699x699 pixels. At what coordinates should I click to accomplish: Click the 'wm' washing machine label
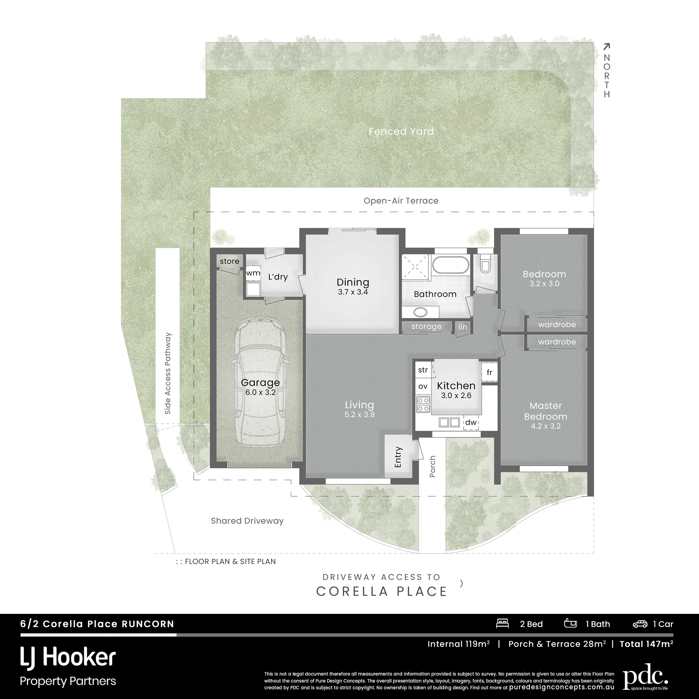253,273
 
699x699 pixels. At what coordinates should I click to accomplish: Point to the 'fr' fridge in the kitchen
490,372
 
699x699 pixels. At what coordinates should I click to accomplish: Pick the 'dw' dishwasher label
471,422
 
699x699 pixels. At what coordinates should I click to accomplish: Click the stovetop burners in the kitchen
423,404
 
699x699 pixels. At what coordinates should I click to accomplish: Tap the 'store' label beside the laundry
229,261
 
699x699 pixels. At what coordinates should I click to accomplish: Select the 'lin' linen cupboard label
463,327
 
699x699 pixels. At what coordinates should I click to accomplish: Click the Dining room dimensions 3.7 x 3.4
353,292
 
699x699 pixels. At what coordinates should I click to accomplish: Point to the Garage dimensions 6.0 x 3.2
260,392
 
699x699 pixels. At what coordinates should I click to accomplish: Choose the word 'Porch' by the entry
433,466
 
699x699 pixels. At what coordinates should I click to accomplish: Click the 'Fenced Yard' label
401,132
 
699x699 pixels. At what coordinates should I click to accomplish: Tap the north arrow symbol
606,47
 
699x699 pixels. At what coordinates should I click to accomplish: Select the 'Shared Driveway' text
247,521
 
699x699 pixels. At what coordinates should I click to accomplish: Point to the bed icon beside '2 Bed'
502,623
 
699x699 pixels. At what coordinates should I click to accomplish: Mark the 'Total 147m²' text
647,644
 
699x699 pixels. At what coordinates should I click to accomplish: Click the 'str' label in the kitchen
423,370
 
